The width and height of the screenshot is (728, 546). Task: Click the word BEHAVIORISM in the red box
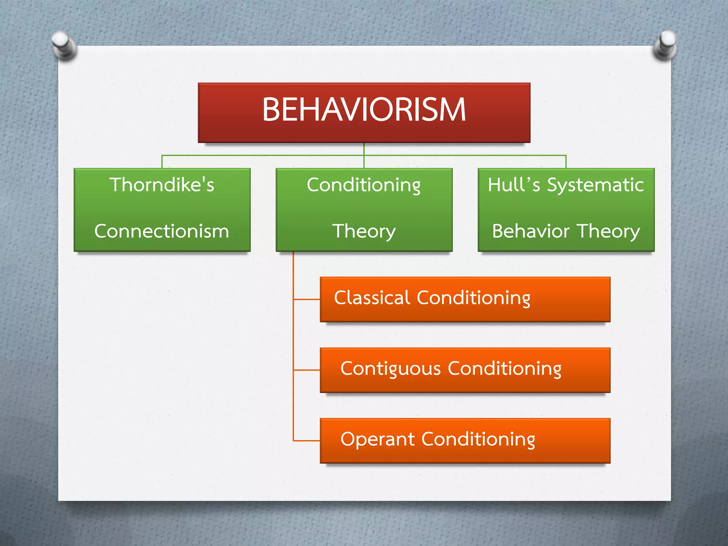tap(364, 109)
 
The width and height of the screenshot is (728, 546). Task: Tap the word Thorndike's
tap(162, 185)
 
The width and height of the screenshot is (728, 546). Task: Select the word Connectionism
tap(162, 231)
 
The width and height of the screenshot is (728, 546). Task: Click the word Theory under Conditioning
tap(364, 232)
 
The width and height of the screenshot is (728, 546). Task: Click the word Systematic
tap(595, 185)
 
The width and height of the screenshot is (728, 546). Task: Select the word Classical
tap(372, 298)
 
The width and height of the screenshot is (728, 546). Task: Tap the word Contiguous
tap(390, 369)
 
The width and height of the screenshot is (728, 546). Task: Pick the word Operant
tap(378, 439)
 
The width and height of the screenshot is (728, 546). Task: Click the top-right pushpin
tap(665, 44)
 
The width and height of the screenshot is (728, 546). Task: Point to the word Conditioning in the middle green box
tap(364, 185)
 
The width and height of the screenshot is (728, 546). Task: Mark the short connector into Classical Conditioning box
tap(307, 299)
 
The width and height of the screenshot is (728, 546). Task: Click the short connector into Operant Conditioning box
tap(307, 441)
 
